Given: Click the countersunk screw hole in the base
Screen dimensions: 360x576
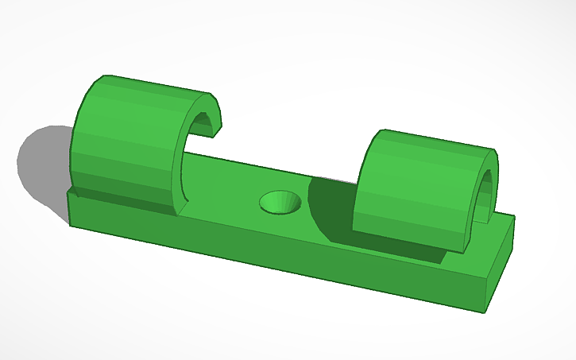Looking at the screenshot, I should pyautogui.click(x=280, y=203).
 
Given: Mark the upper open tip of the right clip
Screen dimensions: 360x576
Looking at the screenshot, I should pyautogui.click(x=494, y=159).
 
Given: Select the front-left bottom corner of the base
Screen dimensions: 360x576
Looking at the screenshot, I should pyautogui.click(x=70, y=225).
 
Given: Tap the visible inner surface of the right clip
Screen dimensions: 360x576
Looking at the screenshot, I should pyautogui.click(x=487, y=195).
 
